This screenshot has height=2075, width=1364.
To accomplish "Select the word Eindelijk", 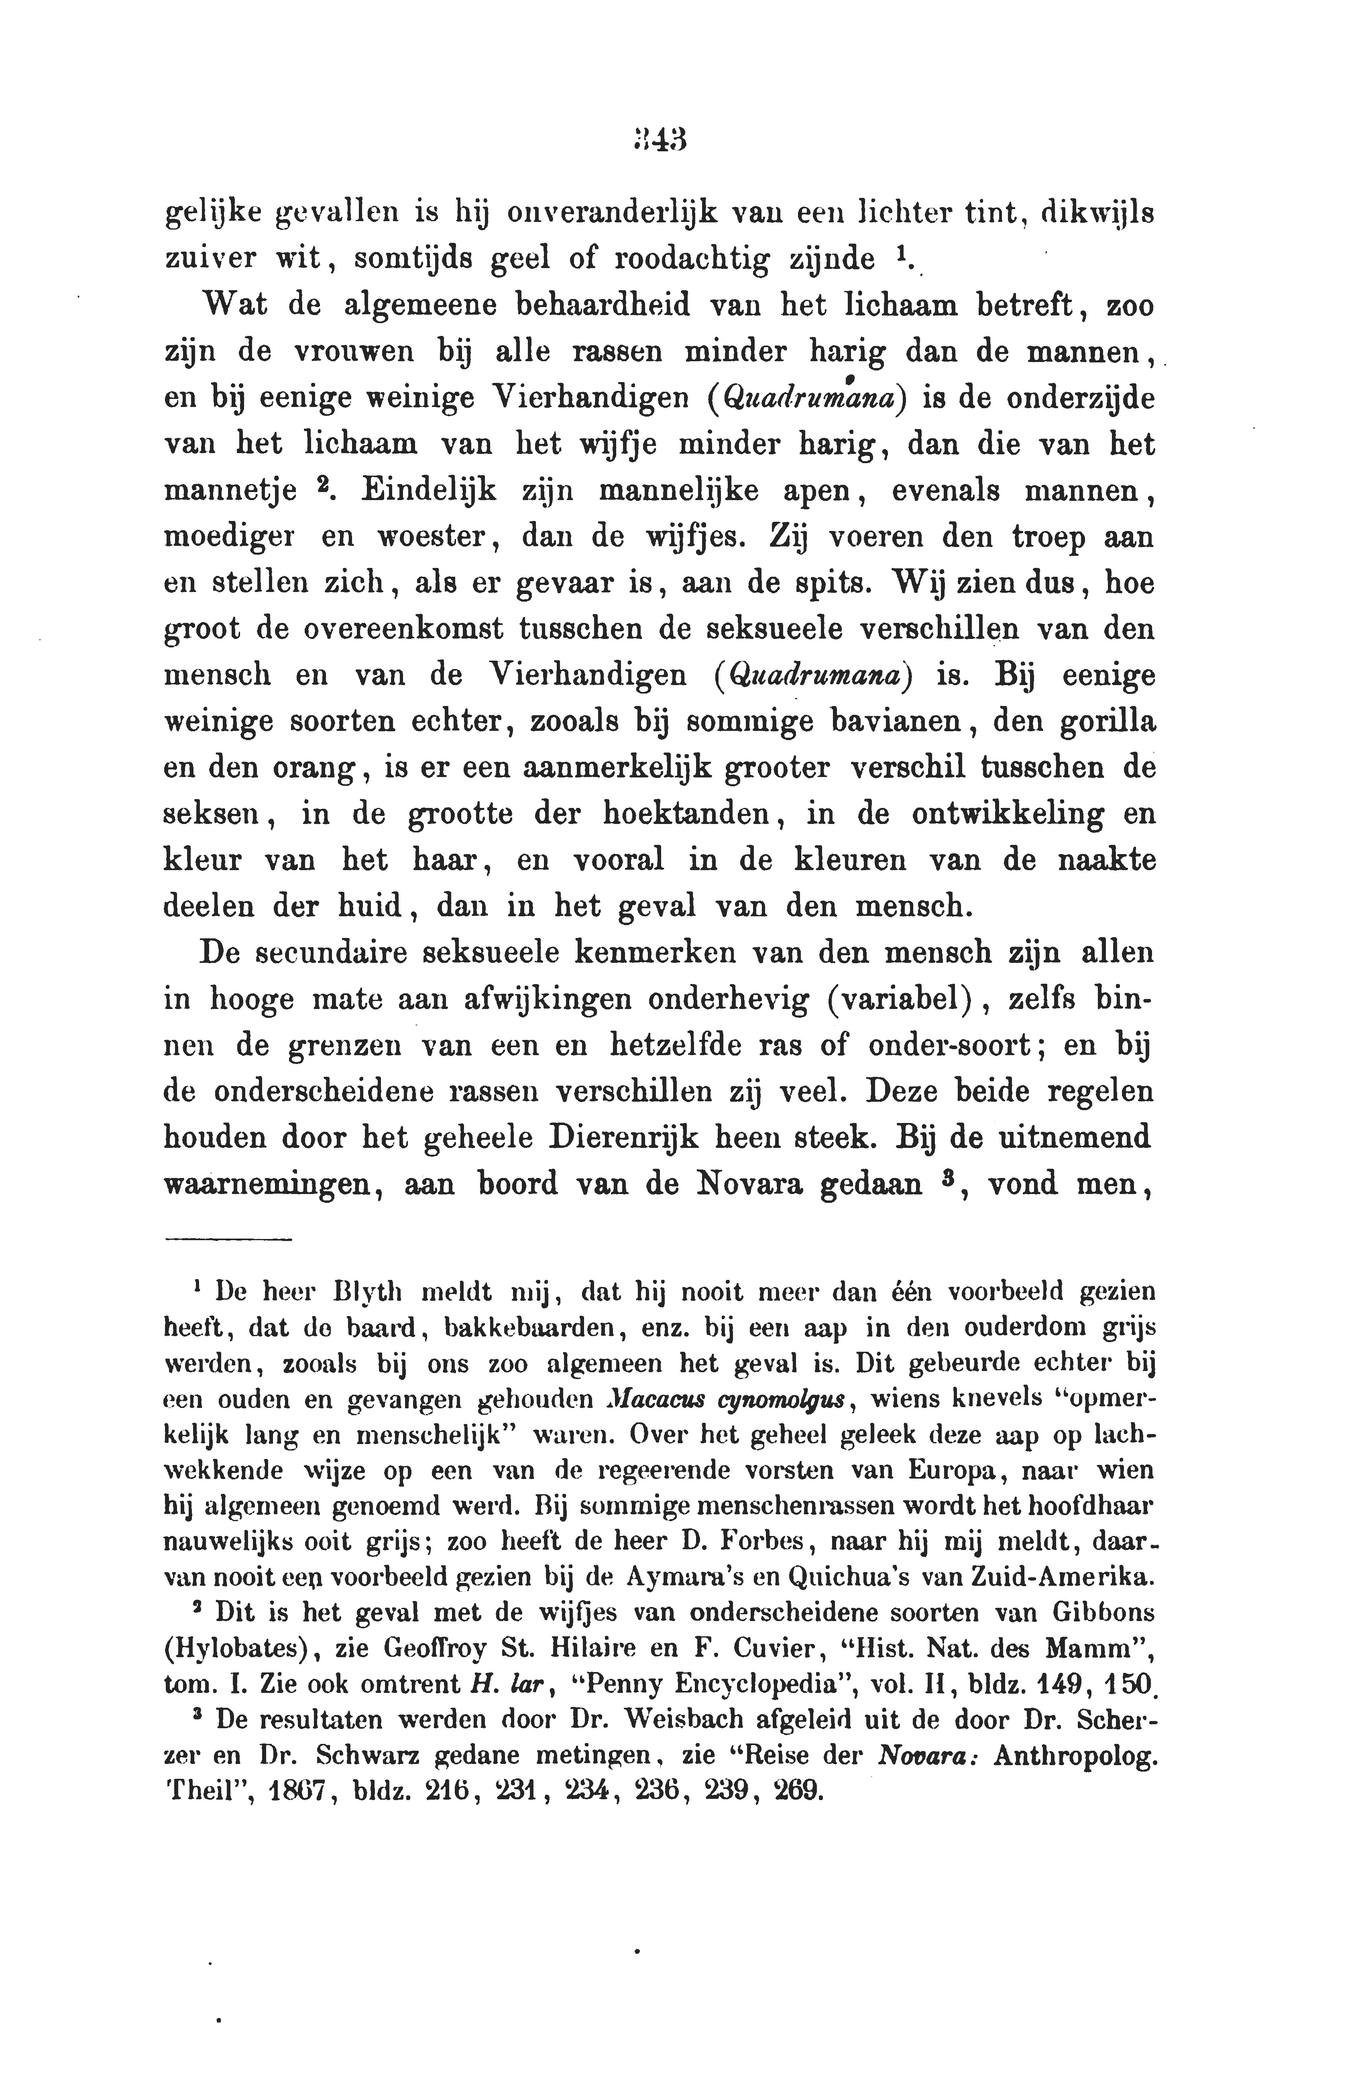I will pos(429,490).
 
